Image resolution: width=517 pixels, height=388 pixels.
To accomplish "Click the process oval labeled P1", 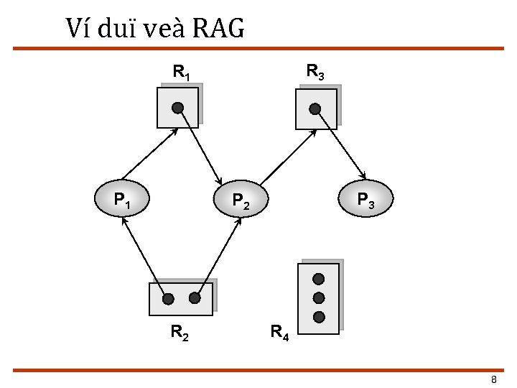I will pyautogui.click(x=122, y=198).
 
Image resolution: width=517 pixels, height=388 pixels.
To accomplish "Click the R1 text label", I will pyautogui.click(x=181, y=72).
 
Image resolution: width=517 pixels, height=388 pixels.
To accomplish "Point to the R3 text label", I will pyautogui.click(x=315, y=72).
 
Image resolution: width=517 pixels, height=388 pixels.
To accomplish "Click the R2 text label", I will pyautogui.click(x=180, y=332).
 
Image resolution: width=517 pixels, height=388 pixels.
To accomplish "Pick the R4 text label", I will pyautogui.click(x=279, y=332).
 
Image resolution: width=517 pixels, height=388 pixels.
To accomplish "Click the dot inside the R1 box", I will pyautogui.click(x=178, y=108).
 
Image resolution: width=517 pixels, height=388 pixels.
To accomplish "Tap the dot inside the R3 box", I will pyautogui.click(x=315, y=108).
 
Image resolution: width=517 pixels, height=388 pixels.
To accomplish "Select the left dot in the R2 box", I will pyautogui.click(x=167, y=298).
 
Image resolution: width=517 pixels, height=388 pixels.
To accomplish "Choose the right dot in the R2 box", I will pyautogui.click(x=195, y=297).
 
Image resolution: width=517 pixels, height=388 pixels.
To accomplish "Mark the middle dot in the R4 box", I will pyautogui.click(x=319, y=297).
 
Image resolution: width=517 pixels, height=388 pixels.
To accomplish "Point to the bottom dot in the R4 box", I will pyautogui.click(x=319, y=317).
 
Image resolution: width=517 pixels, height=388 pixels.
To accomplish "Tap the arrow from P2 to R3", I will pyautogui.click(x=287, y=154).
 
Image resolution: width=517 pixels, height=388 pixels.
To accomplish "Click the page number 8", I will pyautogui.click(x=493, y=379).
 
